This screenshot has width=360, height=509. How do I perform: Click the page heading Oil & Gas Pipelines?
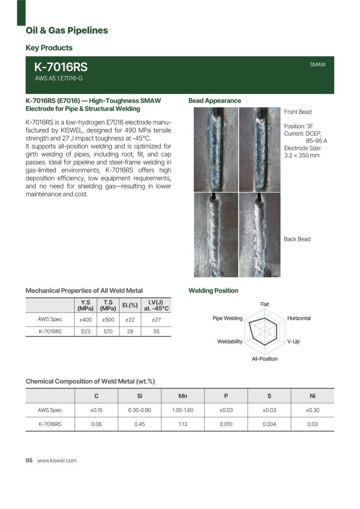click(67, 31)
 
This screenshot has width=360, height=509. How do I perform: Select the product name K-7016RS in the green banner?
click(61, 68)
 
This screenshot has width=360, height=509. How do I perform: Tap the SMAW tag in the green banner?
click(317, 65)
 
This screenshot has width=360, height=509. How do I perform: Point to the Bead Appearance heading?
click(214, 101)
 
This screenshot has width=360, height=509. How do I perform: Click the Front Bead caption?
click(297, 112)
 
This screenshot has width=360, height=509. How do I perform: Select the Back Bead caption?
click(297, 239)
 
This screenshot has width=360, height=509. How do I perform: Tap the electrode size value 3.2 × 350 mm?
click(302, 156)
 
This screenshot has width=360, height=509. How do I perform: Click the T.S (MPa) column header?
click(108, 305)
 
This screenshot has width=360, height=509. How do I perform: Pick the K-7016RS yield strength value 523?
click(86, 332)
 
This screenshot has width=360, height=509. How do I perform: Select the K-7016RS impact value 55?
click(156, 332)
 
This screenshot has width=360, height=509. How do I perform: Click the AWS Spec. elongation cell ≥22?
click(130, 320)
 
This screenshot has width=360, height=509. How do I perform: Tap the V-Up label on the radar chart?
click(293, 341)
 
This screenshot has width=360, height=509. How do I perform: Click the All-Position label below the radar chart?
click(265, 358)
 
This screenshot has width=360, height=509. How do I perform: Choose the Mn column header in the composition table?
click(182, 396)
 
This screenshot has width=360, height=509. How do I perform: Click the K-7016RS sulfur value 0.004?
click(269, 424)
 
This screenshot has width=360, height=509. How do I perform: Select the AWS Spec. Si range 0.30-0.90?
click(140, 411)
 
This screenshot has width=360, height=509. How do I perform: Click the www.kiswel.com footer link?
click(57, 461)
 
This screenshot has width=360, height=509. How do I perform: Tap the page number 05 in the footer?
click(29, 461)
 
